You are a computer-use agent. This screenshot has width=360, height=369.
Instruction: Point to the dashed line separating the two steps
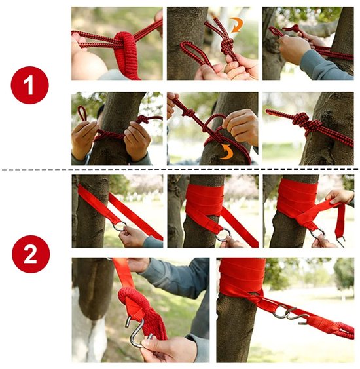coord(180,170)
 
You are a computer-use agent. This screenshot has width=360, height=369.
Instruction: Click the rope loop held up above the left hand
coord(82,113)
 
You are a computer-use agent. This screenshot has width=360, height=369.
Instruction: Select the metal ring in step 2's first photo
coord(120,227)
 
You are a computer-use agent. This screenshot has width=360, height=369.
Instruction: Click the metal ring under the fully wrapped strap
coord(223,234)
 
